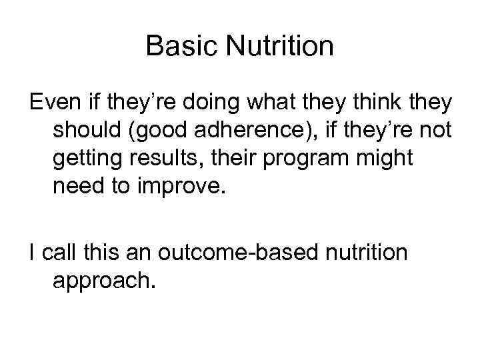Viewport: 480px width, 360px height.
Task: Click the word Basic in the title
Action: (x=178, y=47)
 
